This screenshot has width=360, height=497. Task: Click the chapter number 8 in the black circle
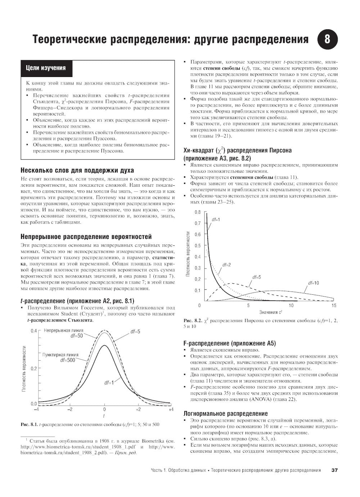(x=327, y=39)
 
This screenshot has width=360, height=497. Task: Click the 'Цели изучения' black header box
(x=45, y=68)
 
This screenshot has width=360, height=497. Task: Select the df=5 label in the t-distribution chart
(x=135, y=331)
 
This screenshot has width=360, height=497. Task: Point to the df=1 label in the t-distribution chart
(x=109, y=383)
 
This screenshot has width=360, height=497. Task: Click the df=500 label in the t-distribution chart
(x=68, y=360)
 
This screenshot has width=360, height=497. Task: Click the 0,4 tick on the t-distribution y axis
(x=33, y=331)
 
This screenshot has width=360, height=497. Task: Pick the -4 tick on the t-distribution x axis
(x=36, y=410)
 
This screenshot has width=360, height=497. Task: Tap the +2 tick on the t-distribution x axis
(x=138, y=410)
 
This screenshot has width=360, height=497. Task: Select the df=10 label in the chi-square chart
(x=314, y=283)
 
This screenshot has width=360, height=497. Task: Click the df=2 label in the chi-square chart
(x=226, y=265)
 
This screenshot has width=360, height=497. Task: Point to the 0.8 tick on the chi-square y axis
(x=198, y=212)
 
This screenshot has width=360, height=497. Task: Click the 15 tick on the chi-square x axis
(x=334, y=306)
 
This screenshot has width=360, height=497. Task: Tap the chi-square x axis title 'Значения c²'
(x=270, y=312)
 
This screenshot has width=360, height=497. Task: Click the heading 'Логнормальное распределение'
(x=226, y=414)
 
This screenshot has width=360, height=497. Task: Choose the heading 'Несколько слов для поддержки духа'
(x=77, y=170)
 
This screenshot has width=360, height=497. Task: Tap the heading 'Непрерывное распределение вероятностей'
(x=86, y=237)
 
